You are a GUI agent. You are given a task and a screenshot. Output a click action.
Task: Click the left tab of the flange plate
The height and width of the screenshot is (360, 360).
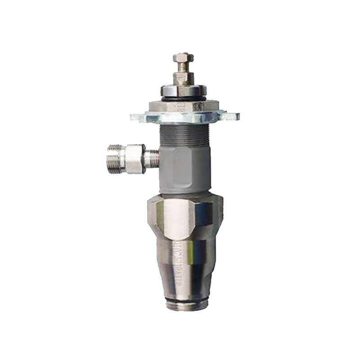(138, 117)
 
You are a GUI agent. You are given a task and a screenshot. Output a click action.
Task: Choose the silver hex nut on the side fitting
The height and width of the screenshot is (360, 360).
(135, 158)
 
